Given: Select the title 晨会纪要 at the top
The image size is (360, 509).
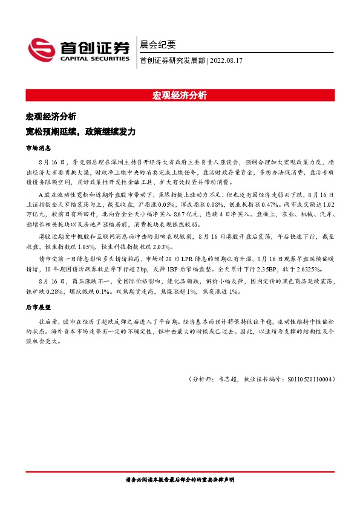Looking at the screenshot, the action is tap(157, 44).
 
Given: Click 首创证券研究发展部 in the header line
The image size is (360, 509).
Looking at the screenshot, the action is tap(172, 60).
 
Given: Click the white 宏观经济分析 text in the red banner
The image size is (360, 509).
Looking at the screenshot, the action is tap(180, 95).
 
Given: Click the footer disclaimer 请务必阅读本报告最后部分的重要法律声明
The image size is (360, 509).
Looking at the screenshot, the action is tap(180, 479).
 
